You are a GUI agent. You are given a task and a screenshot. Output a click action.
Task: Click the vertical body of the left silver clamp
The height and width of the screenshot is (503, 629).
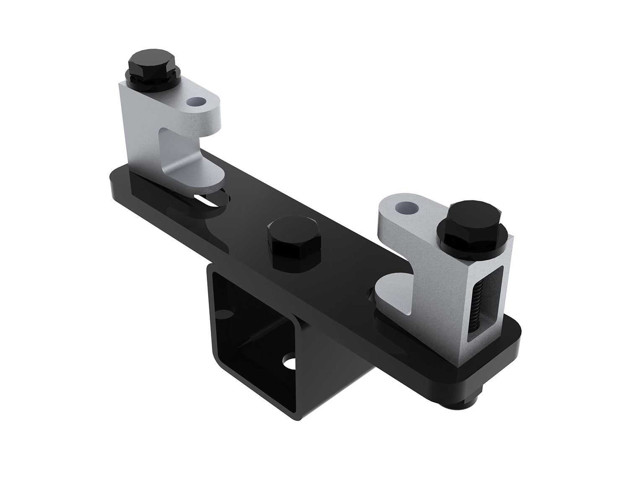tap(140, 126)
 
